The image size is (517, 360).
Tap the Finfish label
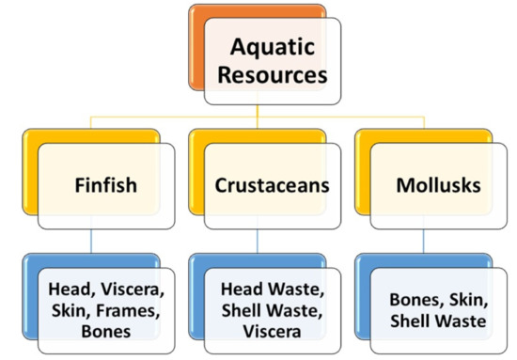pos(105,185)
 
